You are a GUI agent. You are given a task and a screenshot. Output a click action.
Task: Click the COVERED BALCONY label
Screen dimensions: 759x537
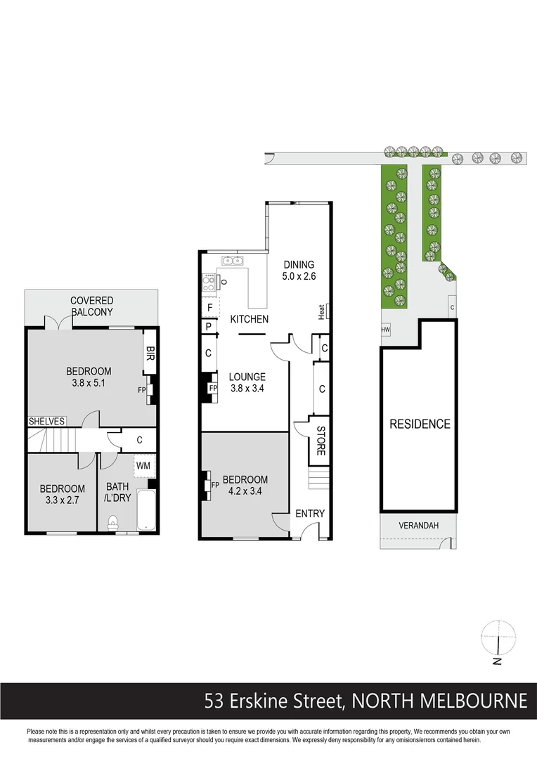tap(91, 306)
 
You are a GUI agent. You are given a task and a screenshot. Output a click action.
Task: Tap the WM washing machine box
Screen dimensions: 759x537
tap(145, 466)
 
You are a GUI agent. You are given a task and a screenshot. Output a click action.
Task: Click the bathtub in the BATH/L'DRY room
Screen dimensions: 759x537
tap(145, 511)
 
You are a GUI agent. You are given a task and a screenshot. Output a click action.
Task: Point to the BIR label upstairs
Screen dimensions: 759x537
tap(149, 351)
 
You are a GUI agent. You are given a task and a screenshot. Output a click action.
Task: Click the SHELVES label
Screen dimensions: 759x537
tap(47, 422)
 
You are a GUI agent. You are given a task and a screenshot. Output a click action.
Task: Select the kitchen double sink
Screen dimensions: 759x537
tap(233, 261)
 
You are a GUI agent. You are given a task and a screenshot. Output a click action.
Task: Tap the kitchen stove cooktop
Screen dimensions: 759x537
tap(209, 283)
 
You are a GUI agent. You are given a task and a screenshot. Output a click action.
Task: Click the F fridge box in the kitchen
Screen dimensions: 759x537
tap(209, 307)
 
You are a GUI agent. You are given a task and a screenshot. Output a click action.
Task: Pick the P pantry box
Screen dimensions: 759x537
tap(209, 327)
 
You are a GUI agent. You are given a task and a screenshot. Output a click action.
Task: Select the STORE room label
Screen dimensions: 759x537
tap(320, 441)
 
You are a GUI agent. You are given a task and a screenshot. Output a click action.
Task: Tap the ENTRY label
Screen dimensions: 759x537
tap(310, 514)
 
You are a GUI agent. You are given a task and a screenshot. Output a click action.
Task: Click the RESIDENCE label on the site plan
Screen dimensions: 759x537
tap(420, 424)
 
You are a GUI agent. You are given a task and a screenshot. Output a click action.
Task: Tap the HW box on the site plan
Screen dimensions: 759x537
tap(385, 329)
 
